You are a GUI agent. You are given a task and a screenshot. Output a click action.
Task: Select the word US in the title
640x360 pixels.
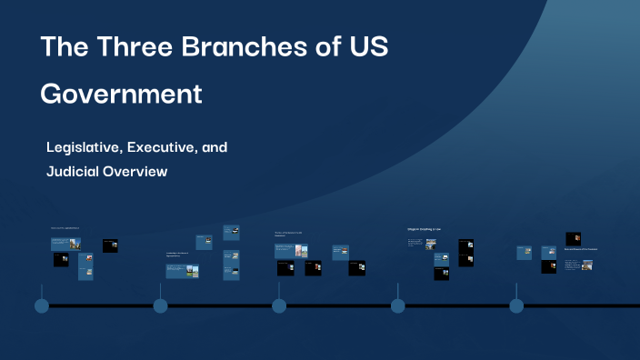click(x=368, y=48)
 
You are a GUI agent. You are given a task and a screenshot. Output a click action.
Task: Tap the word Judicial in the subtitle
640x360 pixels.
click(x=74, y=171)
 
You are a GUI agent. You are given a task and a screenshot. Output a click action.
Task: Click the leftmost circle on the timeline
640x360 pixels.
click(x=42, y=305)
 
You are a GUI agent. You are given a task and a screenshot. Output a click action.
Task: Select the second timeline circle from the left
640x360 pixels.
click(x=160, y=305)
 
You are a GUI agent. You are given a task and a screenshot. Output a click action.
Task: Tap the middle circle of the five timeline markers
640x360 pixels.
click(x=279, y=305)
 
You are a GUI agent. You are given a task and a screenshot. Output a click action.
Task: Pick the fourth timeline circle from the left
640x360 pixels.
click(x=397, y=305)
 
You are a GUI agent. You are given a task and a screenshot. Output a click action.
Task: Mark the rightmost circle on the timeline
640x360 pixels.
click(x=516, y=305)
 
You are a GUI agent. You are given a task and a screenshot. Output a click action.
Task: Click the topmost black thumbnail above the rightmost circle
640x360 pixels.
click(x=573, y=238)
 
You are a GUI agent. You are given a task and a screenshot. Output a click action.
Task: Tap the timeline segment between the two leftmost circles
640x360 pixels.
click(x=101, y=305)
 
